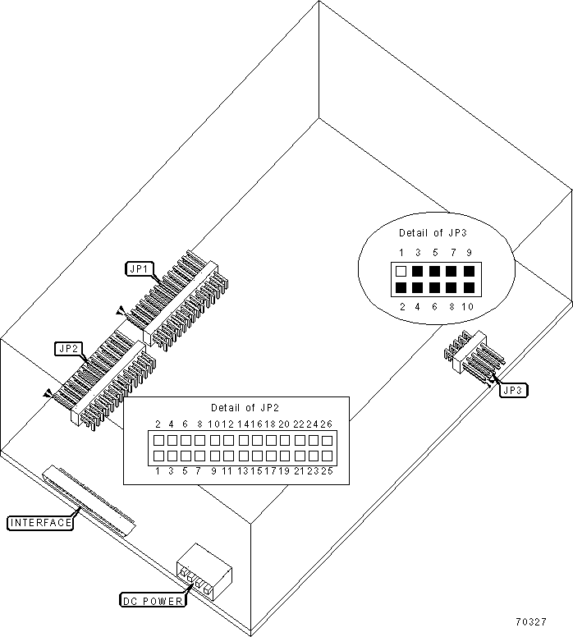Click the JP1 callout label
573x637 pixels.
[140, 269]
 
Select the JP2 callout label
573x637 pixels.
[68, 349]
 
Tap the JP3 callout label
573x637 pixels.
[513, 391]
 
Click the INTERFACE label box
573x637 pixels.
[40, 522]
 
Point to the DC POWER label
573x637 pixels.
[153, 601]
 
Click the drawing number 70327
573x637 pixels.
[531, 622]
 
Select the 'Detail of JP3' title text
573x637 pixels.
[433, 233]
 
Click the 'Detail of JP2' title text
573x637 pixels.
[245, 407]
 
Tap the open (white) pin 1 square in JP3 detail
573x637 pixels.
[401, 271]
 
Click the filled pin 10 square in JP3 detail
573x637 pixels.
[469, 287]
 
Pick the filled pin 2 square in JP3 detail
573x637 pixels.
[401, 287]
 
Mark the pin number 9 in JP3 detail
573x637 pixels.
[469, 253]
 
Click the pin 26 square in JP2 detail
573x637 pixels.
[328, 440]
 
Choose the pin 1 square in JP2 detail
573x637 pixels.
[158, 456]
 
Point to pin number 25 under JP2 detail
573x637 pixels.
[328, 471]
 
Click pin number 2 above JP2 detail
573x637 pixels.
[158, 424]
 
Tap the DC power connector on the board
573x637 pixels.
[204, 572]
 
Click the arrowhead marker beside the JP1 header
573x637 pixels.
[121, 311]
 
